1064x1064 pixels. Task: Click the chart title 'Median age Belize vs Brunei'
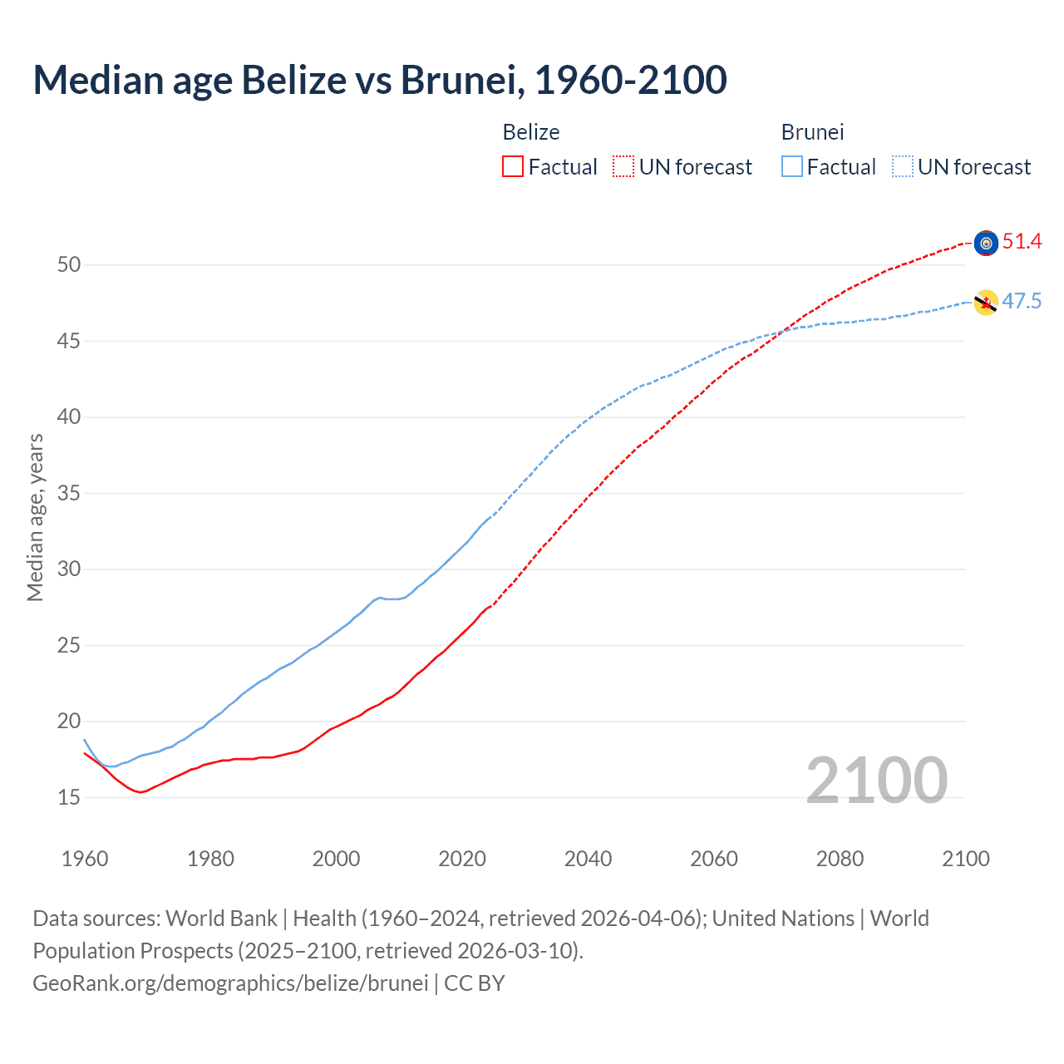click(379, 80)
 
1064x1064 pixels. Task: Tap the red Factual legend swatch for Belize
click(513, 167)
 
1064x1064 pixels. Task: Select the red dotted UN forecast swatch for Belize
click(623, 167)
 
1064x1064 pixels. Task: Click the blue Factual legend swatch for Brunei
click(792, 167)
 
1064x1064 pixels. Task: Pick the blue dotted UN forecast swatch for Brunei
click(902, 167)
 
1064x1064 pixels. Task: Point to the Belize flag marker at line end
click(986, 243)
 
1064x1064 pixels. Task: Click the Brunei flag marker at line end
click(986, 303)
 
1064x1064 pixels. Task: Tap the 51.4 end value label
click(1022, 242)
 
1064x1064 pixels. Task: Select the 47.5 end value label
click(1022, 302)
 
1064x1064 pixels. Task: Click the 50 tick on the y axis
click(69, 265)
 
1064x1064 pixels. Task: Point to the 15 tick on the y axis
click(69, 798)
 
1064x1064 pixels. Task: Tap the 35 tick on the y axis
click(69, 494)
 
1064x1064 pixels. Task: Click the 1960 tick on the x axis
click(85, 859)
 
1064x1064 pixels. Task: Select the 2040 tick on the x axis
click(588, 859)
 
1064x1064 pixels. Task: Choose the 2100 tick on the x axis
click(965, 859)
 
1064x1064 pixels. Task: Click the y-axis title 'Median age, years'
click(35, 517)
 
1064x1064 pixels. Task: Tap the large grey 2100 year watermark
click(876, 781)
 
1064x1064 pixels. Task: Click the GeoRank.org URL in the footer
click(230, 983)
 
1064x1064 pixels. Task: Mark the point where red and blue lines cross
click(783, 332)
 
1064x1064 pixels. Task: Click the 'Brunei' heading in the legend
click(812, 132)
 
